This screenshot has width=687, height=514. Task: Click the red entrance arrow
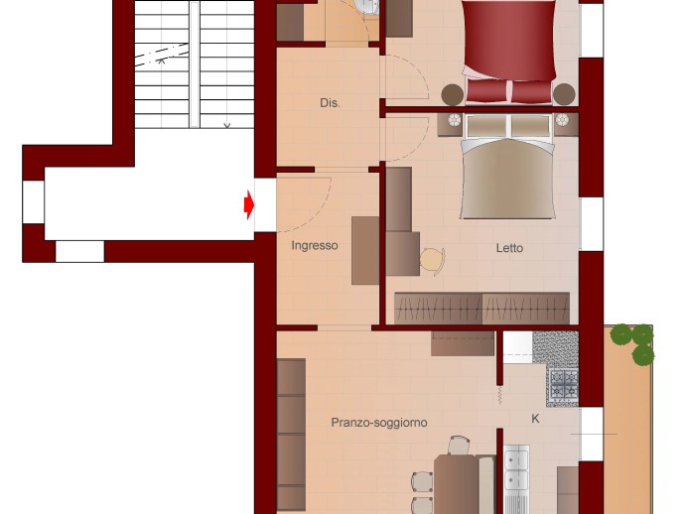pos(249,204)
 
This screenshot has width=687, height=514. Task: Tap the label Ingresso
pos(315,246)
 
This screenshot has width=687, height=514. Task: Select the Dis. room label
pos(330,103)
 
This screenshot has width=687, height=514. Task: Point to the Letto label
pos(509,248)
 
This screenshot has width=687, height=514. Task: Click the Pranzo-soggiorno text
pos(379,423)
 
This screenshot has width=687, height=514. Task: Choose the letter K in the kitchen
pos(535,419)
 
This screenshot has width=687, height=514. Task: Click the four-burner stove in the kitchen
pos(564,384)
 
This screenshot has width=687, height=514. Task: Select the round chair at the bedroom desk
pos(433,261)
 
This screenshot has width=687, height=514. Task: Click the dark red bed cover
pos(509,41)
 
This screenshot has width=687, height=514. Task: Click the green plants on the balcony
pos(633,342)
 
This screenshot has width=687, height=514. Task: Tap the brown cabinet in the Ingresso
pos(365,250)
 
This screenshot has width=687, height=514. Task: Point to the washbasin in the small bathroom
pos(366,6)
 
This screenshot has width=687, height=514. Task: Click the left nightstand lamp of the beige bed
pos(455,119)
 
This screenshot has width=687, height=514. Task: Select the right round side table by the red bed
pos(564,94)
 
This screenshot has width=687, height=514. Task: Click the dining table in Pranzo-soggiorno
pos(456,484)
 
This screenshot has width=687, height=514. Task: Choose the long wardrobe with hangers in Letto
pos(481,309)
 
